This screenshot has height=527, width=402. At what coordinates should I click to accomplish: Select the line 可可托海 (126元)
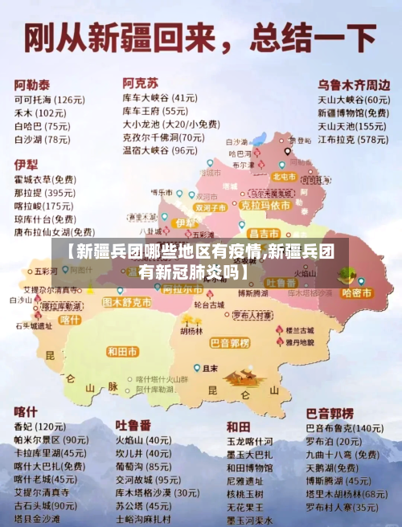[49, 100]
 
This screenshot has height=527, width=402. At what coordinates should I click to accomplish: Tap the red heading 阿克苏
[140, 82]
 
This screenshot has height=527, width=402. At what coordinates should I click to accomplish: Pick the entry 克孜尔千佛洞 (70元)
[160, 137]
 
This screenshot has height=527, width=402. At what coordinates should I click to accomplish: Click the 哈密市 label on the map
[357, 293]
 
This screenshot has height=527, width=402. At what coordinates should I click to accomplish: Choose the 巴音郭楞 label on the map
[231, 343]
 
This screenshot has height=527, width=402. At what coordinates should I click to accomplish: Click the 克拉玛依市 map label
[263, 205]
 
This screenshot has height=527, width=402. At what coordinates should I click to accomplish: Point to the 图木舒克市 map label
[127, 303]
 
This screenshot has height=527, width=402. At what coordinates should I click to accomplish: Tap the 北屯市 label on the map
[284, 176]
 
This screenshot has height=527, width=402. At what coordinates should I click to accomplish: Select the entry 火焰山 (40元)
[143, 439]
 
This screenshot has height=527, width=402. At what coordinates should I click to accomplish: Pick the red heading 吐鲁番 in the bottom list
[133, 423]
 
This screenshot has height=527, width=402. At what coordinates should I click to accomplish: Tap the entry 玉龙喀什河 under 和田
[249, 441]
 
